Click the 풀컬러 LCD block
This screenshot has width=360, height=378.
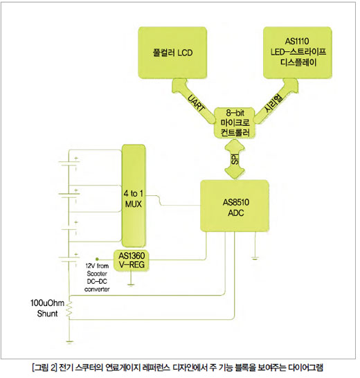(x=172, y=53)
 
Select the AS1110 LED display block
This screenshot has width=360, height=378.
(x=298, y=53)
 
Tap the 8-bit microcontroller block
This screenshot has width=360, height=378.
(x=235, y=123)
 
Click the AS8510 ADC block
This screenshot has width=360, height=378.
(x=235, y=206)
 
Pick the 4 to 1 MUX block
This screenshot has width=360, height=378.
(x=134, y=196)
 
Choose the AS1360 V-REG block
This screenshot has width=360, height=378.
(x=132, y=260)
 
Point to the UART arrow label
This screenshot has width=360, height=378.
(x=196, y=103)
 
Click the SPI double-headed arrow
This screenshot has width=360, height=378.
(x=235, y=159)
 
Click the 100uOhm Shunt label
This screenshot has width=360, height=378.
(x=47, y=308)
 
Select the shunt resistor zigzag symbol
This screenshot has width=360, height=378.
(x=69, y=309)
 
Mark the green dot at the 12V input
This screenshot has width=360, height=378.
(x=97, y=259)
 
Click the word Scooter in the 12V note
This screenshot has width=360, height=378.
(x=97, y=273)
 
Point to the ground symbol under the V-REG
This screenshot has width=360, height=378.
(x=131, y=285)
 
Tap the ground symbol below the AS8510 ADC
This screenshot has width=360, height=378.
(x=255, y=259)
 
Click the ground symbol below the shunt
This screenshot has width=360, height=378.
(x=69, y=342)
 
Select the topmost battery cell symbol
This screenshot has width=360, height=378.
(x=69, y=163)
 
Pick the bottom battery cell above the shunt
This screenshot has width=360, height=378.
(x=69, y=260)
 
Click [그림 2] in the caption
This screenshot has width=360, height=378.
(x=44, y=368)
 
